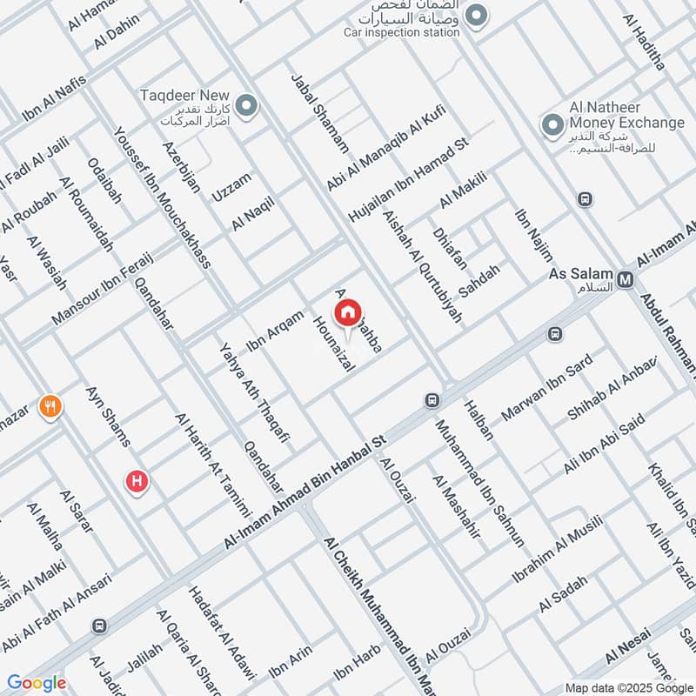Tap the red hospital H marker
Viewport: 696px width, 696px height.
coord(136,481)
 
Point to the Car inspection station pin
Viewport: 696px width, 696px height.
coord(476,15)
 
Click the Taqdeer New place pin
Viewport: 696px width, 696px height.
coord(246,107)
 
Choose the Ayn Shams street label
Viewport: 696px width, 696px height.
coord(109,417)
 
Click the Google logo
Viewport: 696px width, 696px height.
coord(37,683)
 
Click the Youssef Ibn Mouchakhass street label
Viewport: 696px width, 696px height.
coord(163,200)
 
